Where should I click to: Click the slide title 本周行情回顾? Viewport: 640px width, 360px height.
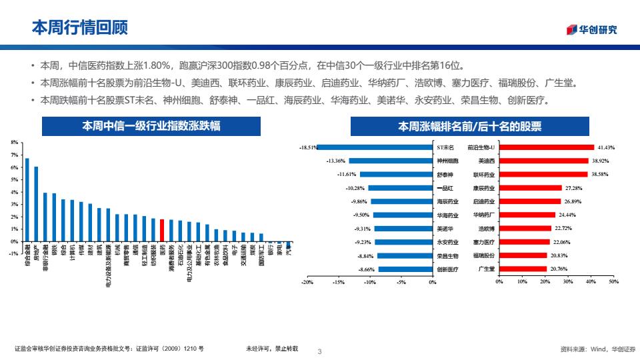80,27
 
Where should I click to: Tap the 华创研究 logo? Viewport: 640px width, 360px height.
592,29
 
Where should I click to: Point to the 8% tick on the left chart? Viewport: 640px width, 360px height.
15,143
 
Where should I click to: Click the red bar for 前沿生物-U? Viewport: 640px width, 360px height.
546,147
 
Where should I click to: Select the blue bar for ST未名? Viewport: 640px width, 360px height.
375,147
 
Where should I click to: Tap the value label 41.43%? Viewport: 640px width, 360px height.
606,147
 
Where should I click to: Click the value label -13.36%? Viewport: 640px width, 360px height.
335,161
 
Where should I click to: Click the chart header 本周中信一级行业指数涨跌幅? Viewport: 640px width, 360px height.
151,125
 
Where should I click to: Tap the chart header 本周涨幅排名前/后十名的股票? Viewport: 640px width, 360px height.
469,125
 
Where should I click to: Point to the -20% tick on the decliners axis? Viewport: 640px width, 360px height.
307,282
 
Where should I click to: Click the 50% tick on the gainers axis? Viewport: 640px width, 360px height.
613,282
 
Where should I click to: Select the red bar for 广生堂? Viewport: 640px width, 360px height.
523,269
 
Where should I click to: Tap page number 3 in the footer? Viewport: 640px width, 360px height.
320,351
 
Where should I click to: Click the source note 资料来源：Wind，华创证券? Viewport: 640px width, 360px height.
598,349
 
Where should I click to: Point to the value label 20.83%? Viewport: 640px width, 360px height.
559,255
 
